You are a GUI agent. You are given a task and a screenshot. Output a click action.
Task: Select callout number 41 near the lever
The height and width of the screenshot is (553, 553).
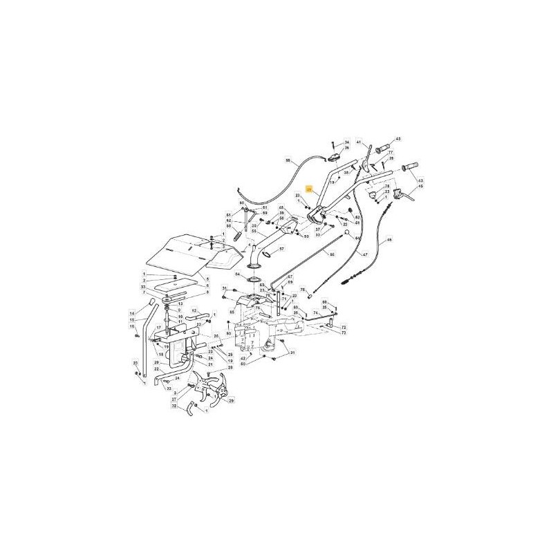coord(359,142)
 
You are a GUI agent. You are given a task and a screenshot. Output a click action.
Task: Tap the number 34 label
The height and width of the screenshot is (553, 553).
coord(347,142)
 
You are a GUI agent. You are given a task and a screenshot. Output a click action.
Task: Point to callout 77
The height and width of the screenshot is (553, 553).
coord(390,153)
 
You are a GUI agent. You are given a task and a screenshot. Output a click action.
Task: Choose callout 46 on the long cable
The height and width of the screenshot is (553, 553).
coord(388,240)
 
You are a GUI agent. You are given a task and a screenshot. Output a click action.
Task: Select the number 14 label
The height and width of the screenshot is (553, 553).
coord(132,313)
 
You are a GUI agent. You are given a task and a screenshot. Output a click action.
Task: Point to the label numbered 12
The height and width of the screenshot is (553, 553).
coord(195,310)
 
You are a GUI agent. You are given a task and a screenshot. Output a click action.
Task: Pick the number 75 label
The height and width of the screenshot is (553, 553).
coord(302,290)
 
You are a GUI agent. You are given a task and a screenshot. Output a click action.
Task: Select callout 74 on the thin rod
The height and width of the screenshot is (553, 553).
coord(316,312)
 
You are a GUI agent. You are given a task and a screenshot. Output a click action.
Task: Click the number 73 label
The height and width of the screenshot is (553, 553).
coord(344,332)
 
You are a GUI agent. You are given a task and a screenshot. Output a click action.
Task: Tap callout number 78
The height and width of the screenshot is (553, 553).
coord(387,187)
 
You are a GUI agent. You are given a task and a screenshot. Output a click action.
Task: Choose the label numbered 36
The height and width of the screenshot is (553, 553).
coord(347,148)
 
